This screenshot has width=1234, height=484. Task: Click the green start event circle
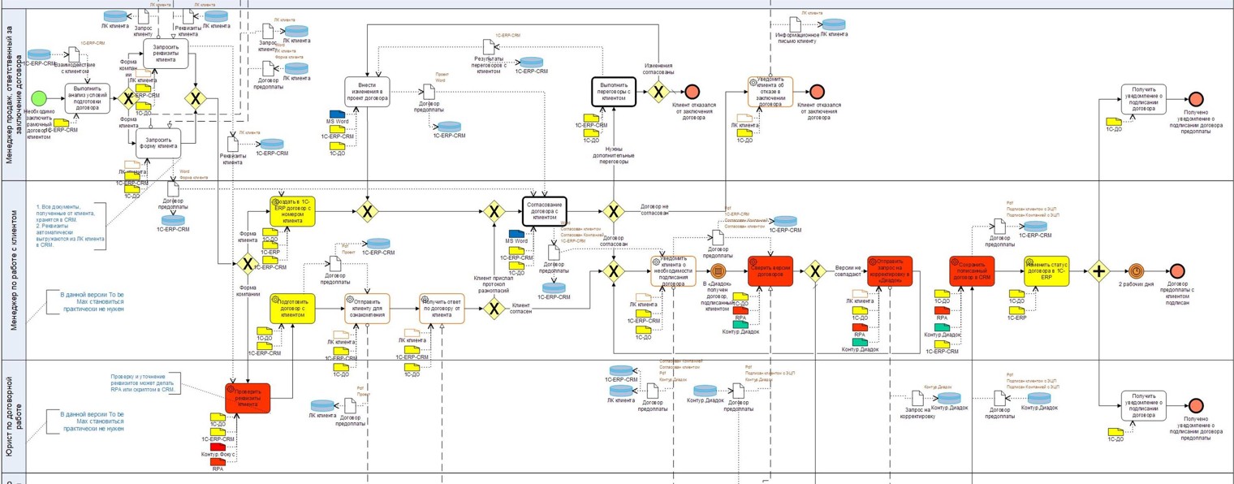tap(38, 99)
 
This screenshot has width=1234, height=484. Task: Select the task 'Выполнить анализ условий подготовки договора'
tap(87, 99)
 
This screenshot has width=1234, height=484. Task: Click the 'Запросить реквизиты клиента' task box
tap(166, 54)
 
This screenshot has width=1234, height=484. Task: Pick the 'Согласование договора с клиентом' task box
tap(544, 212)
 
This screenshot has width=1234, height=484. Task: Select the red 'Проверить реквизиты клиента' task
tap(248, 398)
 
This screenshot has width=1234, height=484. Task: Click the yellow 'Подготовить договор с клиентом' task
tap(292, 309)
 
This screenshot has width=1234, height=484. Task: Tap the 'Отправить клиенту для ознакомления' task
tap(367, 309)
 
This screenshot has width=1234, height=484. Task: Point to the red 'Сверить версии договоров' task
tap(770, 271)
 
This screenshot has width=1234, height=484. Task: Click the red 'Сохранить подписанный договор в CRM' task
tap(972, 271)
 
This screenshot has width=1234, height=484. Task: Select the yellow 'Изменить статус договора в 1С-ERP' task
tap(1046, 271)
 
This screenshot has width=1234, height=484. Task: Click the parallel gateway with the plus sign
tap(1099, 271)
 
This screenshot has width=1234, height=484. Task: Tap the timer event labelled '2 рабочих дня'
tap(1136, 271)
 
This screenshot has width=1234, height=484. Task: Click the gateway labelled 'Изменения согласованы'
tap(658, 92)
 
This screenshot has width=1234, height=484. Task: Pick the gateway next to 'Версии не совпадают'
tap(815, 271)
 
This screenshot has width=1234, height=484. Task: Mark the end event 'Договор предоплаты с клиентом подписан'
tap(1177, 271)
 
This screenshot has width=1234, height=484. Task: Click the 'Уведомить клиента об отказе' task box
tap(770, 92)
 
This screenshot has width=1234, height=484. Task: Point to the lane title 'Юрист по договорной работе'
tap(14, 416)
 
